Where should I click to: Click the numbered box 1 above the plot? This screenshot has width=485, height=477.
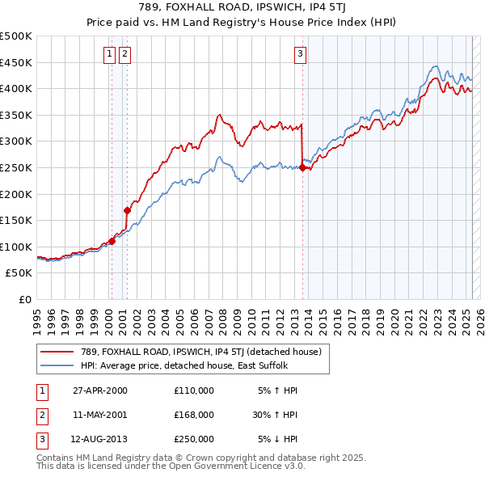(x=109, y=54)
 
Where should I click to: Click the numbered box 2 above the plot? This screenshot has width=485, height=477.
(x=125, y=54)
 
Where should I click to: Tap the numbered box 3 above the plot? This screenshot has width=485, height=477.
(x=300, y=54)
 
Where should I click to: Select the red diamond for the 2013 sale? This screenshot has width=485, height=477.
(x=302, y=168)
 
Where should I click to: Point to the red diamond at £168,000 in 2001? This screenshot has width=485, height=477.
(x=127, y=210)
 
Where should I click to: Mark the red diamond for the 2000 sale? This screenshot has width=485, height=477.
(x=112, y=241)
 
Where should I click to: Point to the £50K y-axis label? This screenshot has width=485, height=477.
(x=19, y=273)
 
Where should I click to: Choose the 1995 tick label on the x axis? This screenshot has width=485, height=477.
(x=37, y=319)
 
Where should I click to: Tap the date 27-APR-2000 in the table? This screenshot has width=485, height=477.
(x=100, y=390)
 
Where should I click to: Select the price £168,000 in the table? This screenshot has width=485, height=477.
(x=194, y=415)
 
